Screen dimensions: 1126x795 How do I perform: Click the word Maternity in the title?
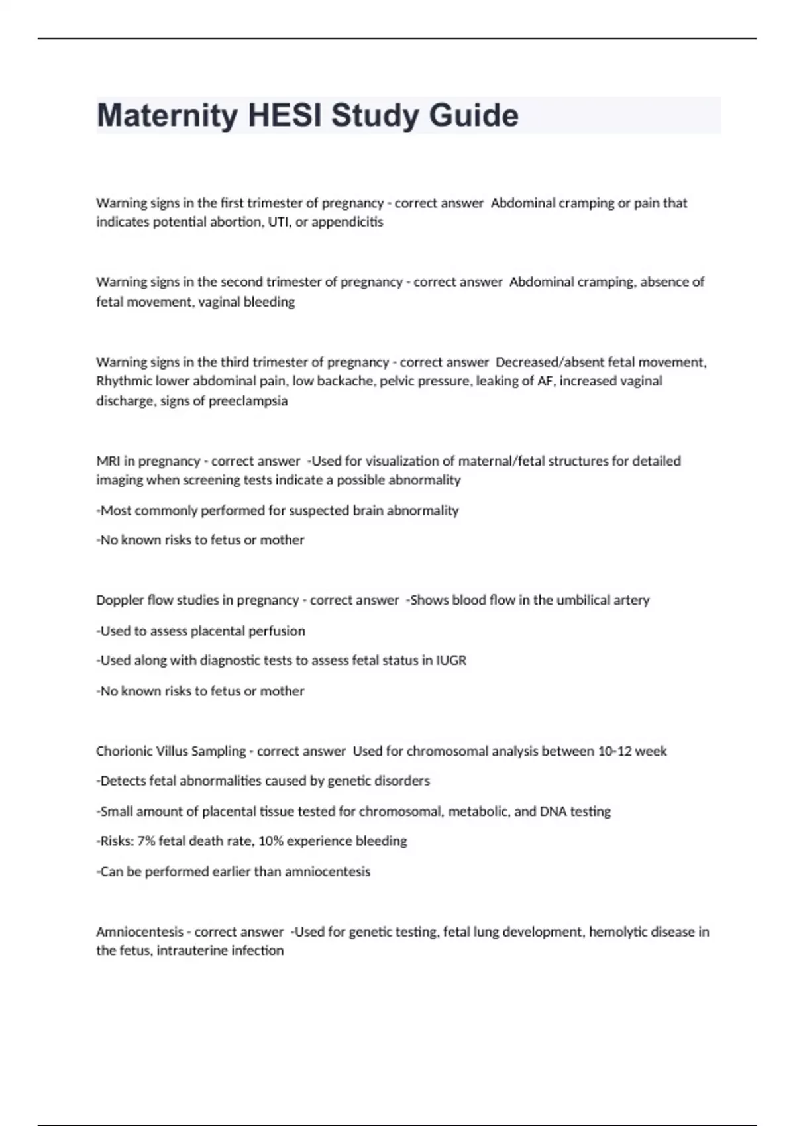(168, 115)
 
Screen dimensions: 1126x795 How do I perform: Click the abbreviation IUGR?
(451, 660)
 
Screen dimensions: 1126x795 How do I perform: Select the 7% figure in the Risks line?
(146, 841)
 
